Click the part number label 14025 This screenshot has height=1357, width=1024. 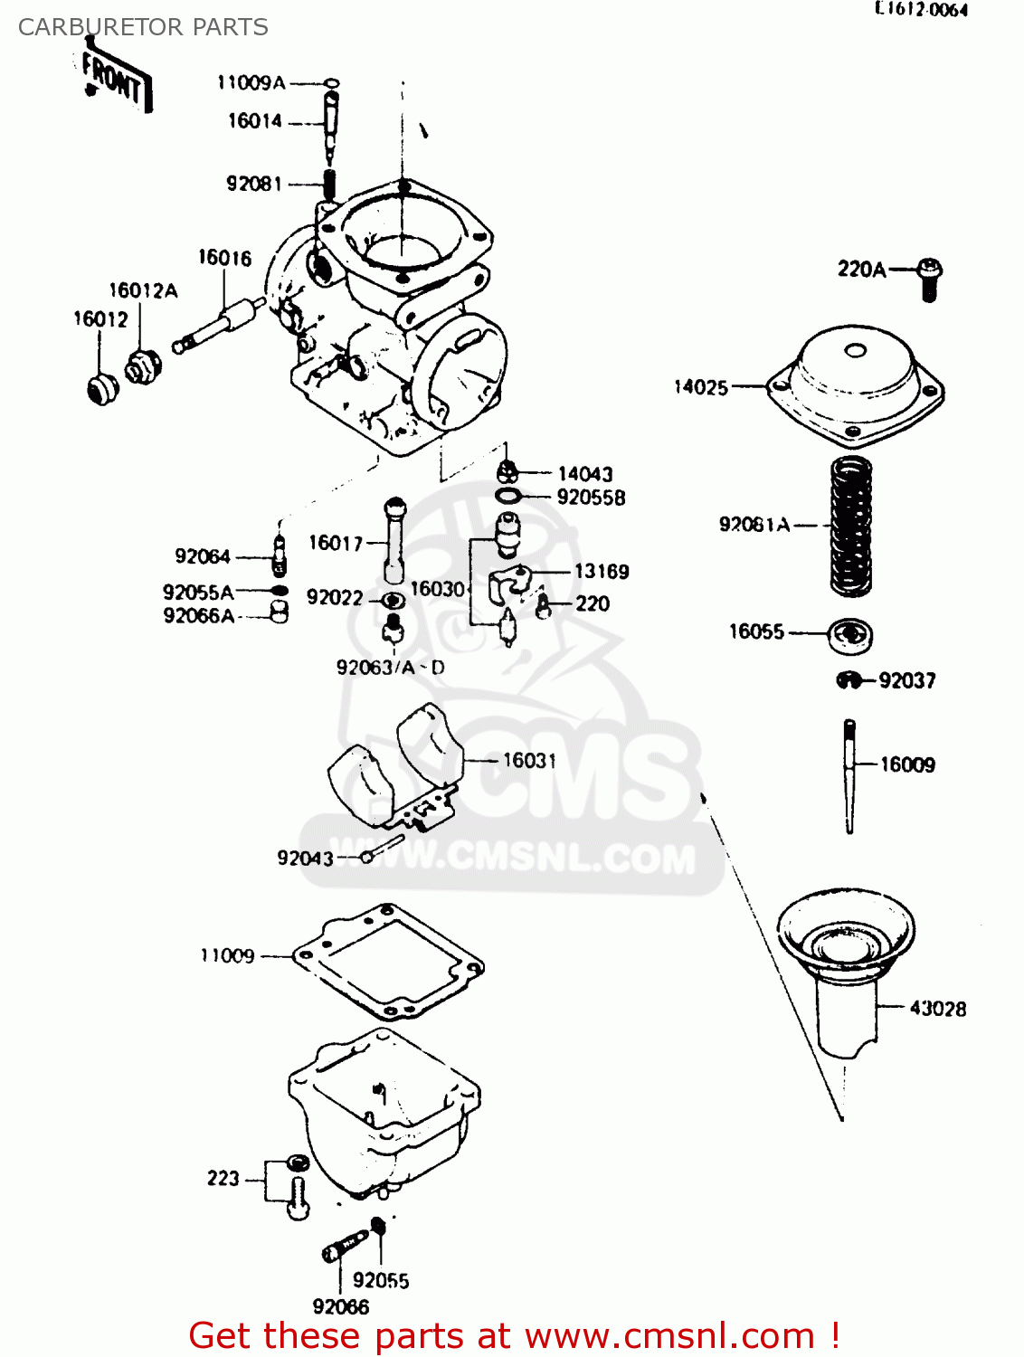point(701,387)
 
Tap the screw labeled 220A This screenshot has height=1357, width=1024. point(928,278)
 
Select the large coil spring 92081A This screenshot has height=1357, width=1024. point(851,526)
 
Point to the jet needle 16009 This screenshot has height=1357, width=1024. point(849,776)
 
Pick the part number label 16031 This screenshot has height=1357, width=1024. point(529,761)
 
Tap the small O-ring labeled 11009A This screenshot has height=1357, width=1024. point(331,83)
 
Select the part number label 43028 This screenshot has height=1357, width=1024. point(937,1009)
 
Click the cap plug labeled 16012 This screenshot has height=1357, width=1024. point(102,388)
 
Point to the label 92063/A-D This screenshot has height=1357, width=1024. point(391,668)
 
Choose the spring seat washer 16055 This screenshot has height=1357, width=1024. point(850,634)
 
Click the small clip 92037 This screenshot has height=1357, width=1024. point(849,680)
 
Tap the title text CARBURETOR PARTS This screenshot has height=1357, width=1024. point(143,27)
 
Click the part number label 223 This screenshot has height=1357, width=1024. point(223,1179)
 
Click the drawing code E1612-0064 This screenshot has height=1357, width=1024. point(921,10)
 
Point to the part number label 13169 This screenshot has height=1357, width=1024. point(602,572)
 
